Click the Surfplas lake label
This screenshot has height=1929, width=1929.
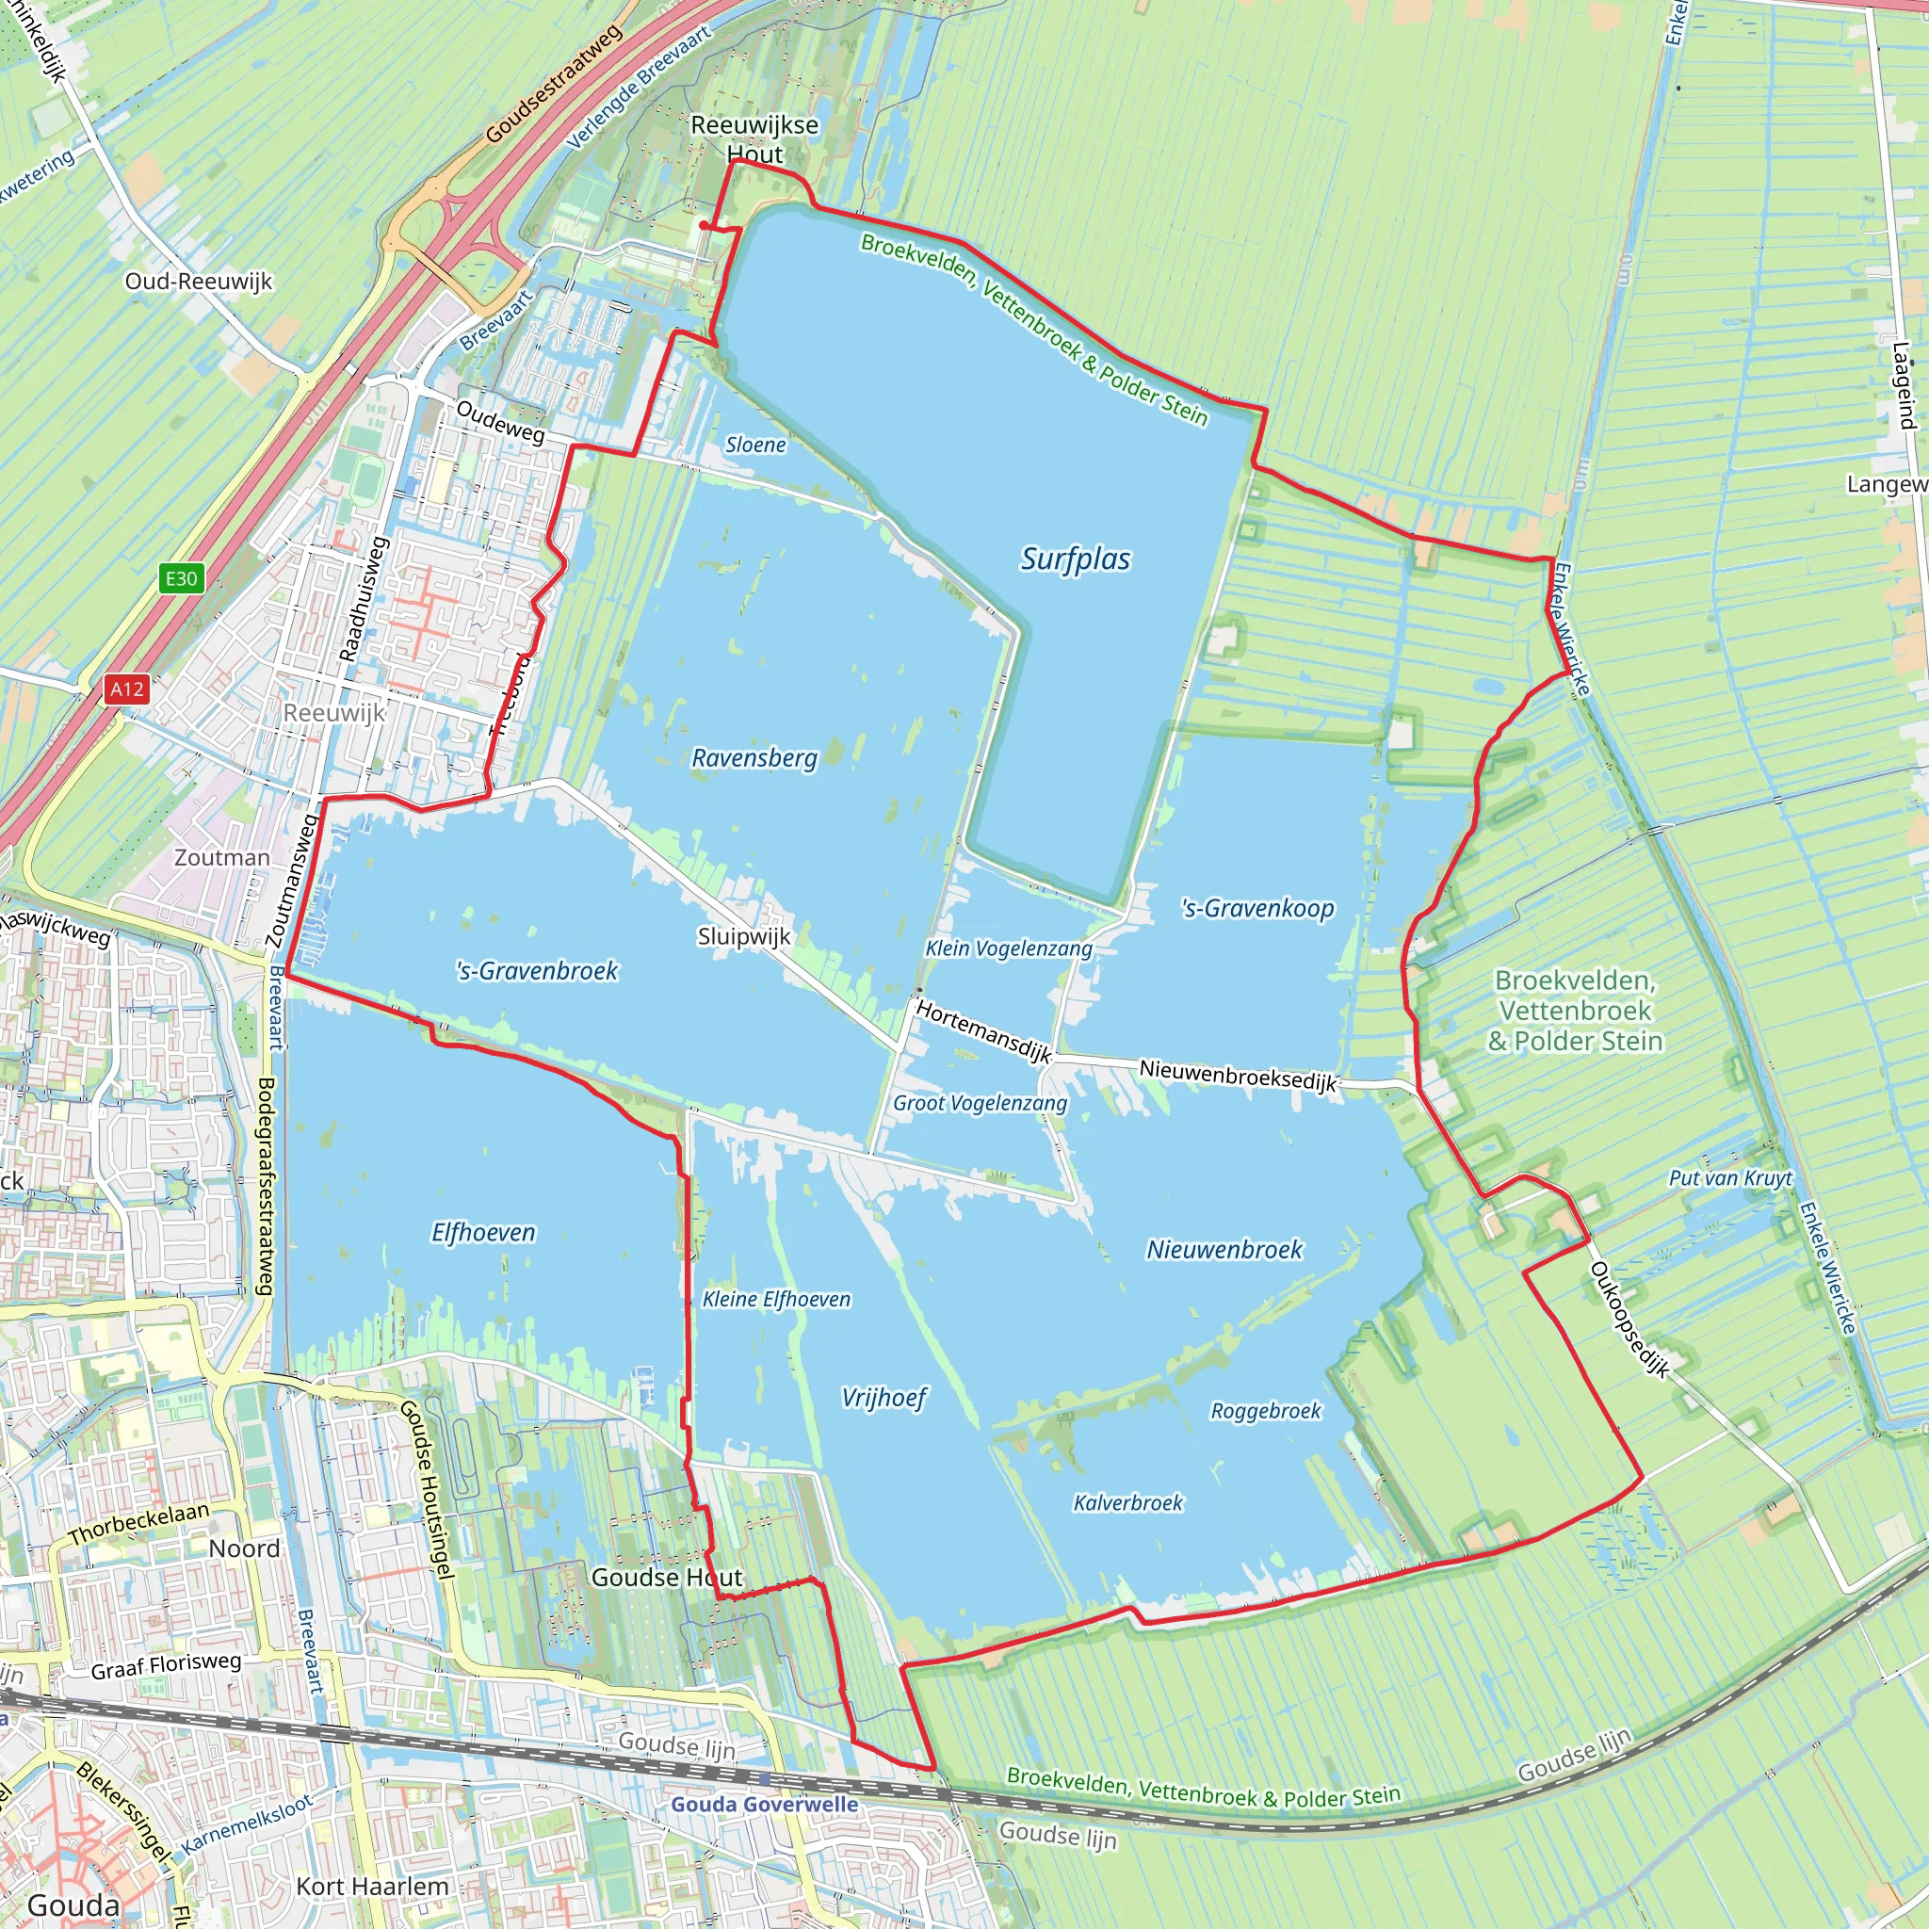pyautogui.click(x=1076, y=559)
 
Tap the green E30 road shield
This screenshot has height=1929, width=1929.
pyautogui.click(x=181, y=578)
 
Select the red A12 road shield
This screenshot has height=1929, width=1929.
pyautogui.click(x=127, y=689)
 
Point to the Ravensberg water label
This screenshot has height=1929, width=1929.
pyautogui.click(x=754, y=758)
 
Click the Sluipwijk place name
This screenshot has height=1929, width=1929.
pyautogui.click(x=744, y=936)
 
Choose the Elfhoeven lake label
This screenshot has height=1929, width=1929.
pyautogui.click(x=483, y=1233)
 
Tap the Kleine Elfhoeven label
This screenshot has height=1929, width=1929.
pyautogui.click(x=777, y=1299)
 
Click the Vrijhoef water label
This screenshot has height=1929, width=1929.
pyautogui.click(x=883, y=1397)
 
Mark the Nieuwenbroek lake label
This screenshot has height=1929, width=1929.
pyautogui.click(x=1224, y=1250)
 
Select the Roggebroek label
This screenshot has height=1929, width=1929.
pyautogui.click(x=1265, y=1411)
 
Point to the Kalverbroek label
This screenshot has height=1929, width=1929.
pyautogui.click(x=1128, y=1502)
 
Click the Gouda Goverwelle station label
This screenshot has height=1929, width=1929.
pyautogui.click(x=764, y=1803)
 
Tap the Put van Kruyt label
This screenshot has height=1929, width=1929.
pyautogui.click(x=1730, y=1178)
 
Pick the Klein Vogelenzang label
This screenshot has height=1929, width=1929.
pyautogui.click(x=1009, y=948)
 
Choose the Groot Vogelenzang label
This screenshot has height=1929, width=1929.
pyautogui.click(x=980, y=1103)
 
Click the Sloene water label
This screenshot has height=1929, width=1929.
pyautogui.click(x=754, y=446)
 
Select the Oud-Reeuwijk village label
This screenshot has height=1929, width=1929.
pyautogui.click(x=199, y=282)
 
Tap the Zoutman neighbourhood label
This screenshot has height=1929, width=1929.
pyautogui.click(x=221, y=858)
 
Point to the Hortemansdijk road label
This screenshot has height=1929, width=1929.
pyautogui.click(x=984, y=1032)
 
